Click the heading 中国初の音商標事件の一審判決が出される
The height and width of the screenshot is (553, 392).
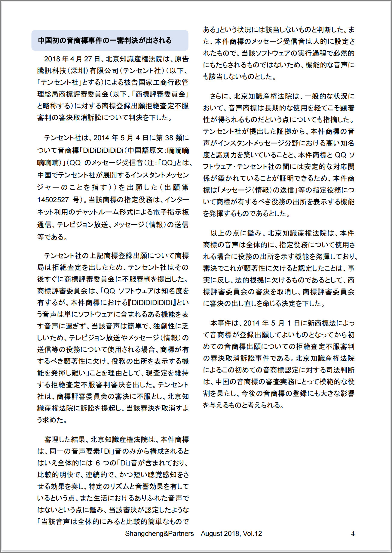pyautogui.click(x=105, y=40)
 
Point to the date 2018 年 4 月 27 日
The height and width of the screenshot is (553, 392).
pyautogui.click(x=72, y=59)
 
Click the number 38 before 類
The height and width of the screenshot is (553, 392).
pyautogui.click(x=169, y=138)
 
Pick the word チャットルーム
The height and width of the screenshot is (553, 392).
pyautogui.click(x=97, y=212)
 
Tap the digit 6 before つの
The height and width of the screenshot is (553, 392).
pyautogui.click(x=98, y=463)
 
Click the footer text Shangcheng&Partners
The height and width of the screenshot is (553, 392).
pyautogui.click(x=159, y=533)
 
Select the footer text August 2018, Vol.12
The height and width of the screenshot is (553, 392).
pyautogui.click(x=231, y=533)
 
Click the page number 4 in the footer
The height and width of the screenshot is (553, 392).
pyautogui.click(x=353, y=534)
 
